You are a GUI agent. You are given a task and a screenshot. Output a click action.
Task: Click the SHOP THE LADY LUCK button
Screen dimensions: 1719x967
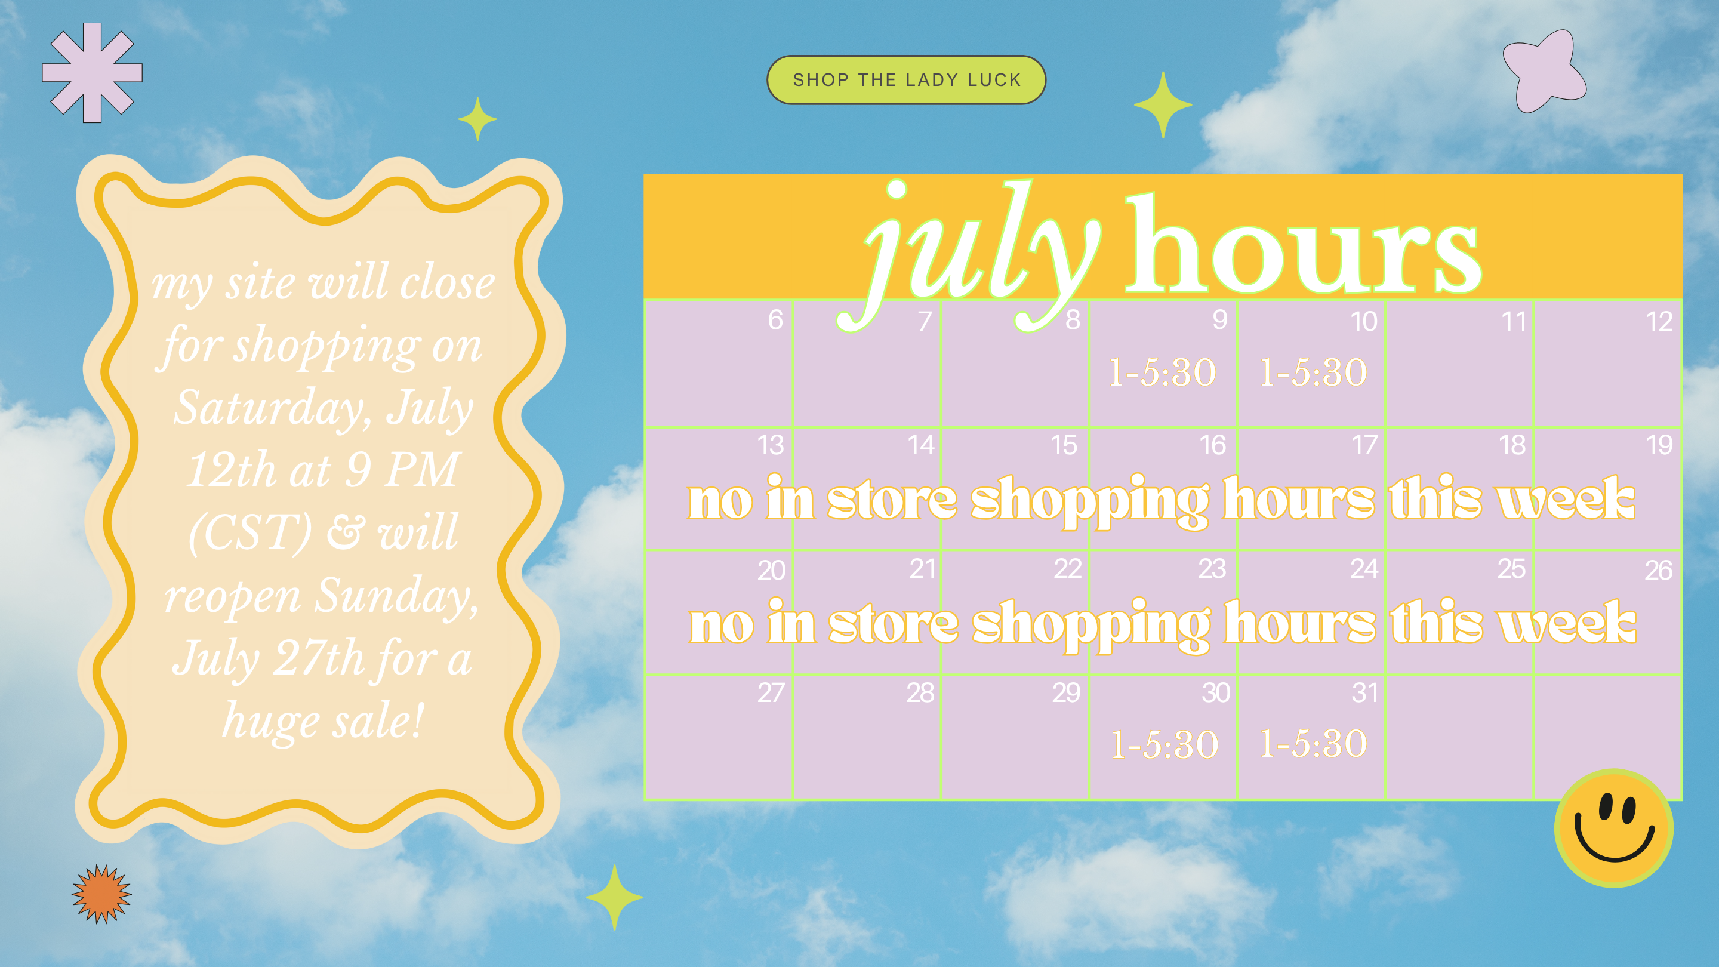906,80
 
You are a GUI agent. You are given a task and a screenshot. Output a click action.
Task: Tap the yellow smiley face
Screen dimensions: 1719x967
1613,828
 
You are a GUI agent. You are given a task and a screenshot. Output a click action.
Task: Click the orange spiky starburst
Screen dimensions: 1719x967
101,894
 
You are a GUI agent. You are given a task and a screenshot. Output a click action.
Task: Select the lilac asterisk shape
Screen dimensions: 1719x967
92,73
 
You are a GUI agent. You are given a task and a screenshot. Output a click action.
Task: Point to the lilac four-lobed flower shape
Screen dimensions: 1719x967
1544,71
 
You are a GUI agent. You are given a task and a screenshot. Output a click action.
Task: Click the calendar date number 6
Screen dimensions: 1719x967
775,320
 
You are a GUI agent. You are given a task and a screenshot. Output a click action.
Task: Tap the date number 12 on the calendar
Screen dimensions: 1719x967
1659,322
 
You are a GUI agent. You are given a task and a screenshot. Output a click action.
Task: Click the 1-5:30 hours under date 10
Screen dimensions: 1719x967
1313,372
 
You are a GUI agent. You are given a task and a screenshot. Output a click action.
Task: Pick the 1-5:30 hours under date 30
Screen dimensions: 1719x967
1165,744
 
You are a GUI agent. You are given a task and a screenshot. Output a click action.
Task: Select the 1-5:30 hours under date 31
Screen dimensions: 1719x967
1313,743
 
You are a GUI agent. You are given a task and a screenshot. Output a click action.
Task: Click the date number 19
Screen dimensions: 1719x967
1659,445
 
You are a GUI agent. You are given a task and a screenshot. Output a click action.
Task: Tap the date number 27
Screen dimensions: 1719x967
771,692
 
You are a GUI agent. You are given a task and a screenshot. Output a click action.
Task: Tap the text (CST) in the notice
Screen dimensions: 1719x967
250,532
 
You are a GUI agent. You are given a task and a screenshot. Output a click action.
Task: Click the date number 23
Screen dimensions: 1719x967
1212,569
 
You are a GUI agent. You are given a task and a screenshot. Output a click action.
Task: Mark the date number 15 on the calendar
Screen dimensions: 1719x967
1064,445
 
